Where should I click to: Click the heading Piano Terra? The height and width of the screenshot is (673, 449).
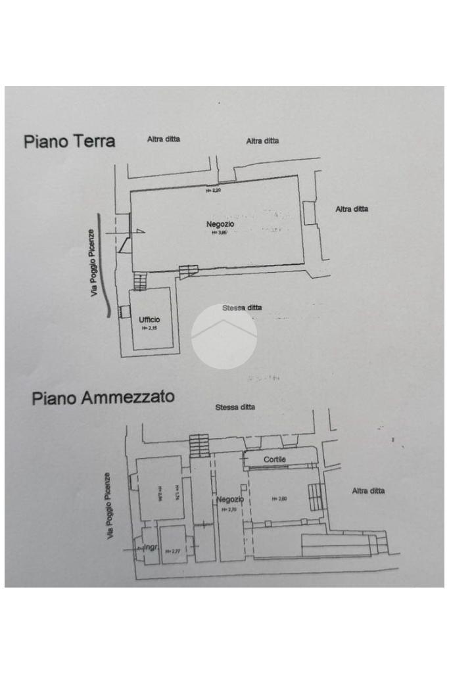tap(69, 141)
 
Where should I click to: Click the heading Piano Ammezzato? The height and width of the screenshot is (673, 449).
tap(103, 398)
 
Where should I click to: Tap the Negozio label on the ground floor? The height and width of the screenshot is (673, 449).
tap(220, 225)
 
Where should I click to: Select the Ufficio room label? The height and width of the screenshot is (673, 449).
tap(149, 319)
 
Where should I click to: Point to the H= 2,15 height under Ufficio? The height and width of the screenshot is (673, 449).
tap(149, 328)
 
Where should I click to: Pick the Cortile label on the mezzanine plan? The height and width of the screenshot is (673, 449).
tap(275, 460)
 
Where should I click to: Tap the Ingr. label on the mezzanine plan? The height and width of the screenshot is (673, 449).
tap(151, 546)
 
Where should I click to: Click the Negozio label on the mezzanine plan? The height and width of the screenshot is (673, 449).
tap(230, 499)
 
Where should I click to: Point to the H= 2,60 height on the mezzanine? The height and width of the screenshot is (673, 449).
tap(279, 499)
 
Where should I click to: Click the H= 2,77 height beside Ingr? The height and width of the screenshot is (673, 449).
tap(172, 551)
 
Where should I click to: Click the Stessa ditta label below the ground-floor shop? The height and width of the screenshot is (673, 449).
tap(241, 308)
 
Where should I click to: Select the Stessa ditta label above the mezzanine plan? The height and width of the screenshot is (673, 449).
tap(235, 407)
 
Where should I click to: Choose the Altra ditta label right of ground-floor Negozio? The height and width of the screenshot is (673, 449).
tap(352, 209)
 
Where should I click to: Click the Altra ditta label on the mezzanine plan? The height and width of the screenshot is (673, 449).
tap(368, 491)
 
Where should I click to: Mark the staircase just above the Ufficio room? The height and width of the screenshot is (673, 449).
tap(139, 281)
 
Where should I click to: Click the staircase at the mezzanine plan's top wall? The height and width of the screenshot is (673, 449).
tap(199, 445)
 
